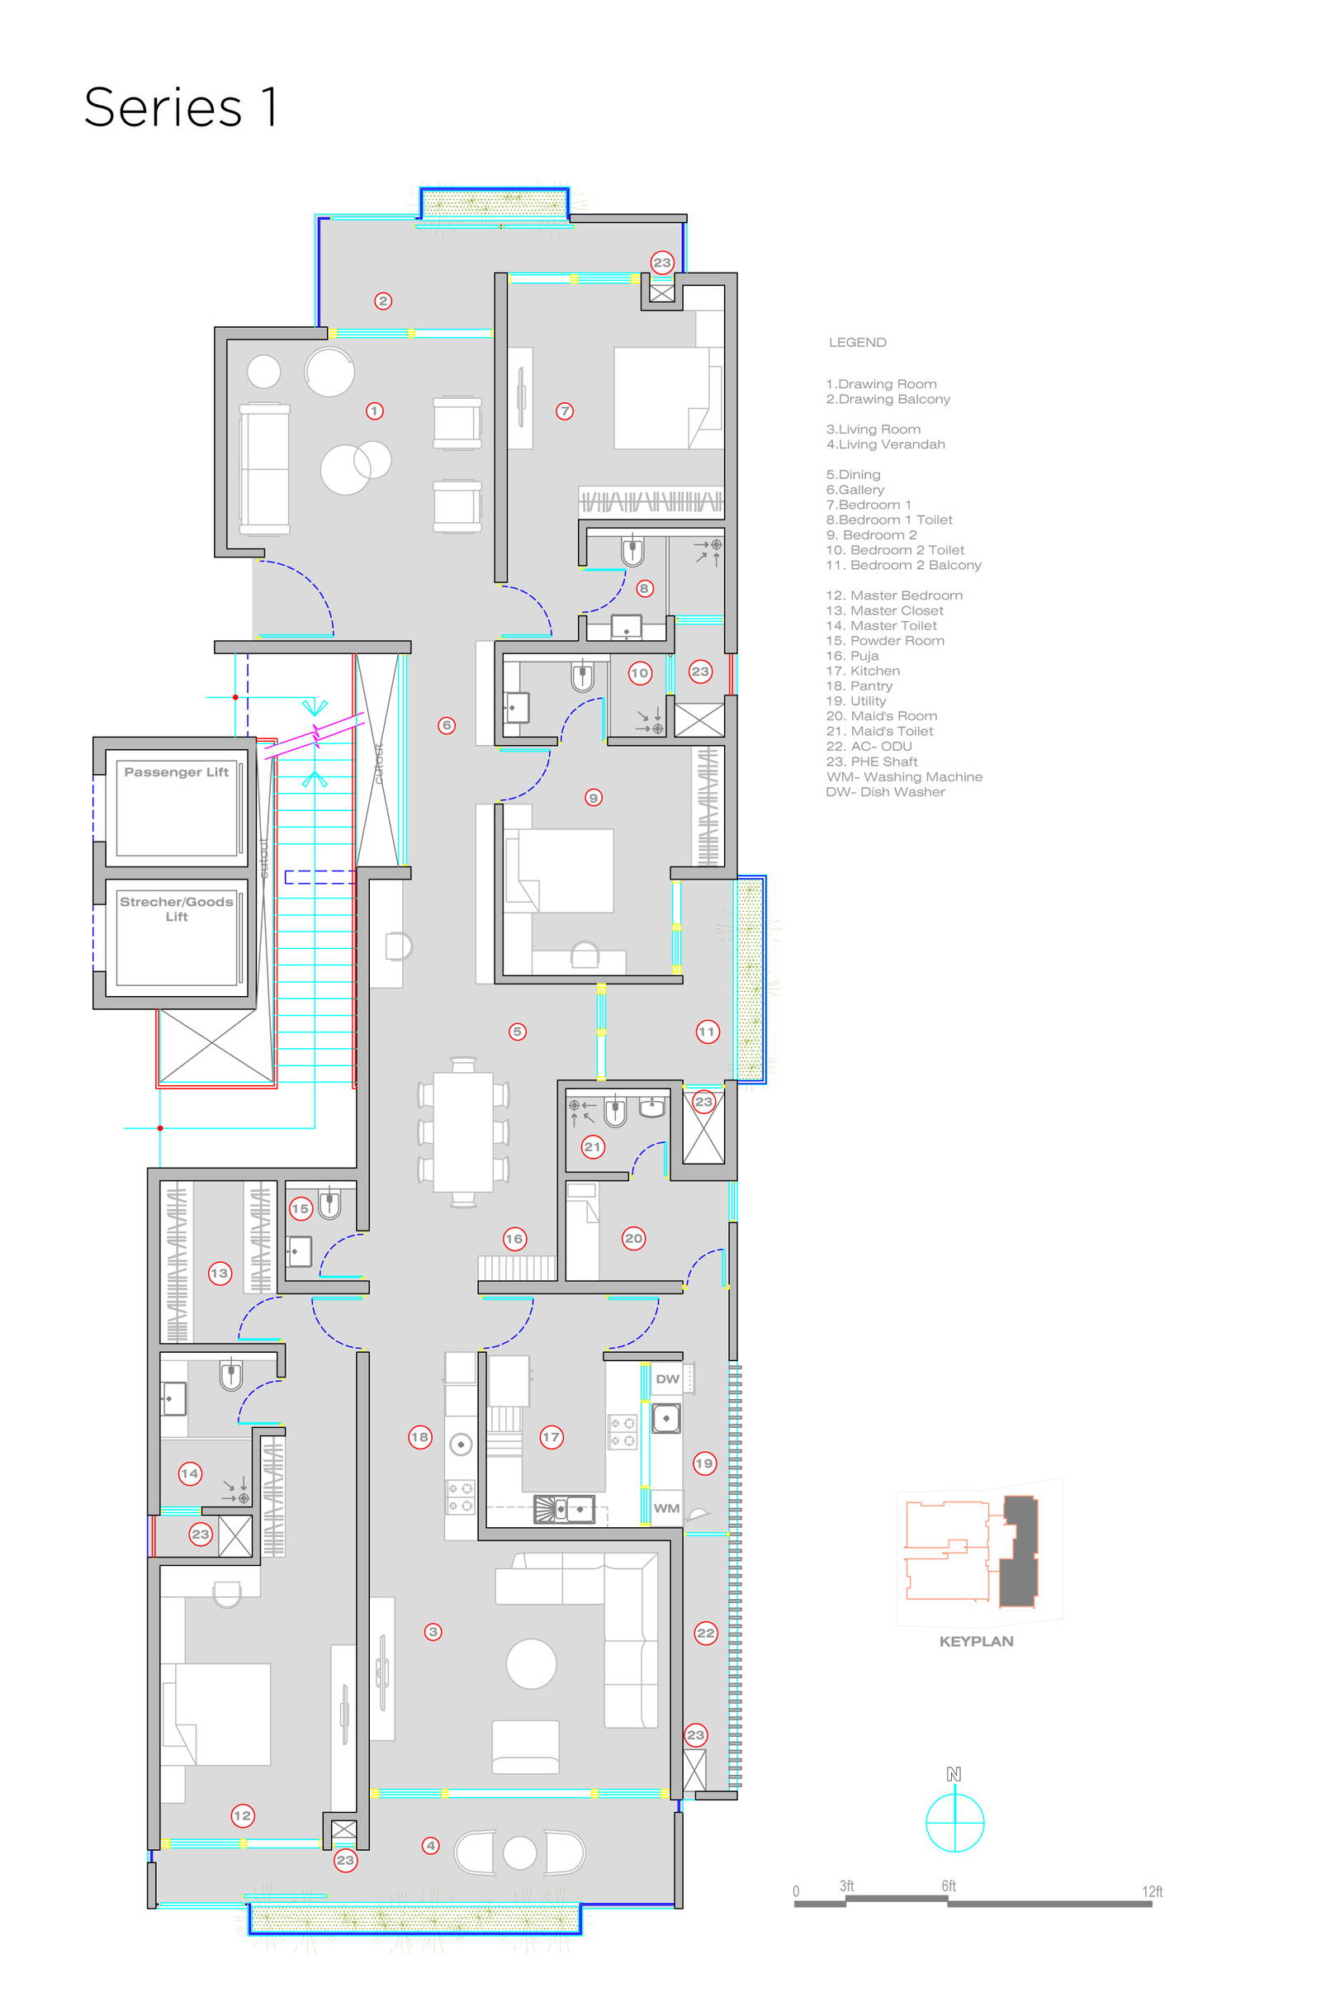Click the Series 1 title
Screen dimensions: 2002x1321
[180, 108]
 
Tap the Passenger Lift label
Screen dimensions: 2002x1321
[176, 772]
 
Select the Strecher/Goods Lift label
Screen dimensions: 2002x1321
[176, 908]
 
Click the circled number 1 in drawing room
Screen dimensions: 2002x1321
[375, 411]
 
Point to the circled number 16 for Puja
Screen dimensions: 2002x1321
[514, 1239]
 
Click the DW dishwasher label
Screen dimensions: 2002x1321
[667, 1379]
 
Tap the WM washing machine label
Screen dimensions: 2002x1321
[666, 1508]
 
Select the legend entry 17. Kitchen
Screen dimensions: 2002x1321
[863, 671]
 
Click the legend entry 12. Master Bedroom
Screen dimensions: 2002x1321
[894, 595]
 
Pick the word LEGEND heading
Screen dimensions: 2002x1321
[857, 342]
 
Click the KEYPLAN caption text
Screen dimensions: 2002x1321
[976, 1641]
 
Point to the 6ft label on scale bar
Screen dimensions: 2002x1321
[949, 1886]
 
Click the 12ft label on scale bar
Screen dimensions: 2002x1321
[1152, 1891]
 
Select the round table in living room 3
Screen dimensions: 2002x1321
[531, 1663]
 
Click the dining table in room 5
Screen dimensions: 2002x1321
[462, 1131]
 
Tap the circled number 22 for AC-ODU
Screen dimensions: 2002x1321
[706, 1633]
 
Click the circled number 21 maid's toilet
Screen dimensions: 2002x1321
[593, 1146]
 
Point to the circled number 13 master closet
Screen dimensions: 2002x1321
[219, 1274]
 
